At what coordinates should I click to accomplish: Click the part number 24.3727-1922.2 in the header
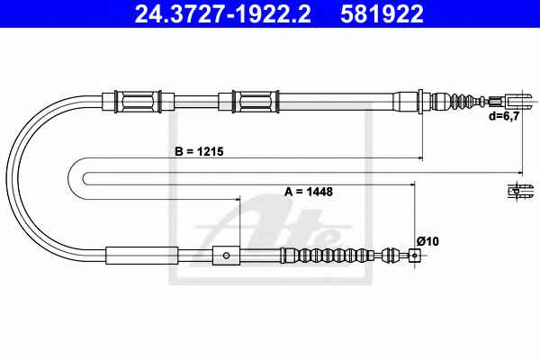tap(222, 13)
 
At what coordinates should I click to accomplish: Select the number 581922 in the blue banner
tap(382, 13)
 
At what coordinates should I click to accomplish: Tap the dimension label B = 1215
tap(199, 151)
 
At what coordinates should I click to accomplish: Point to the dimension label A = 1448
tap(309, 191)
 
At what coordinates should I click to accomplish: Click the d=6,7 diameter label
tap(504, 116)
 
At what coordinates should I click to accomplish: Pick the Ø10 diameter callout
tap(427, 241)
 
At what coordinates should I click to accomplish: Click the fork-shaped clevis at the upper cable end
tap(519, 102)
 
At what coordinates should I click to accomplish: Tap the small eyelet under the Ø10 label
tap(415, 256)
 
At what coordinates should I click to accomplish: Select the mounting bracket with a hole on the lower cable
tap(226, 256)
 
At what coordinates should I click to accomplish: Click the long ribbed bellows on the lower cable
tap(328, 256)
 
